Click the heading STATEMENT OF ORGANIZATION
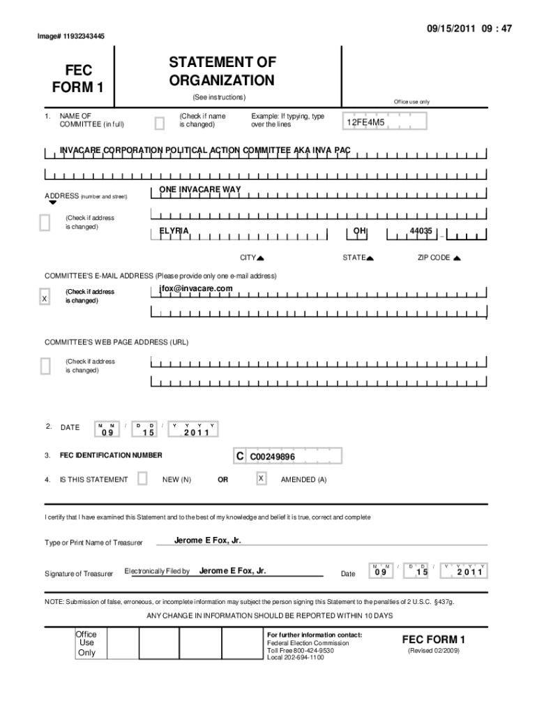pos(221,73)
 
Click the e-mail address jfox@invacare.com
pos(196,288)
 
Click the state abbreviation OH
pos(360,230)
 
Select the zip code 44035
pos(421,231)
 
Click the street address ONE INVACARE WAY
pos(200,190)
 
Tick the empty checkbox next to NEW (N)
pos(142,478)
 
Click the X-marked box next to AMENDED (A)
pos(261,478)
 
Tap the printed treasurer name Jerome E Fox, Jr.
pos(208,540)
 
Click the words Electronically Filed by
pos(157,571)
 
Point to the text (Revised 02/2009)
pos(433,651)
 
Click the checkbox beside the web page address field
pos(45,366)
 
